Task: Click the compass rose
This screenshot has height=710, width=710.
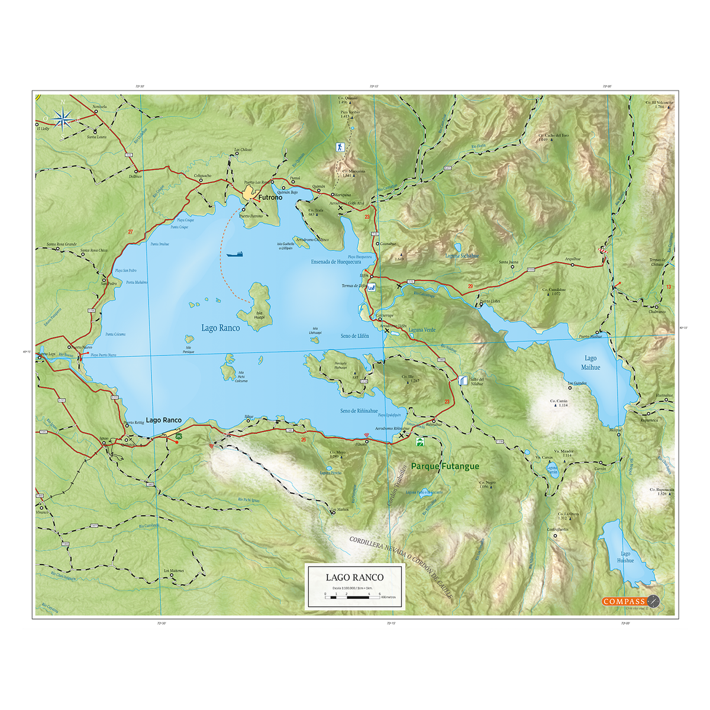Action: coord(62,119)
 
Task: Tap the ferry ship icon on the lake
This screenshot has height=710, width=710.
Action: coord(234,254)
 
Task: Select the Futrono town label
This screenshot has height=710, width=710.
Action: coord(270,198)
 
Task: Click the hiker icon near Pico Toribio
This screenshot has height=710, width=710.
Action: coord(340,147)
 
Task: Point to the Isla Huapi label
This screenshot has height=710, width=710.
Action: coord(259,315)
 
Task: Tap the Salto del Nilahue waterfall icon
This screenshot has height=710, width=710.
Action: coord(462,380)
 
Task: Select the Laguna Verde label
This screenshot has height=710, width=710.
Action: coord(421,330)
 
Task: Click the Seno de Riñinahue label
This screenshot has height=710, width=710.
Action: coord(359,411)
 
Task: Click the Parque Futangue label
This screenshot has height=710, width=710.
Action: coord(445,466)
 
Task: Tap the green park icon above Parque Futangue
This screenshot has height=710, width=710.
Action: coord(420,441)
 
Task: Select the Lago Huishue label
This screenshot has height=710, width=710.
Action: coord(625,557)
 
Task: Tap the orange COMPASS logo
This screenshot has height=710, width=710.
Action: coord(624,601)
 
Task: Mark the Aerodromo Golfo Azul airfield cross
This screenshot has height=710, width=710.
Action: coord(341,208)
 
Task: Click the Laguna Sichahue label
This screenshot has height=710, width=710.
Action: coord(461,256)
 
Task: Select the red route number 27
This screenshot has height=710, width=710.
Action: coord(130,232)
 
